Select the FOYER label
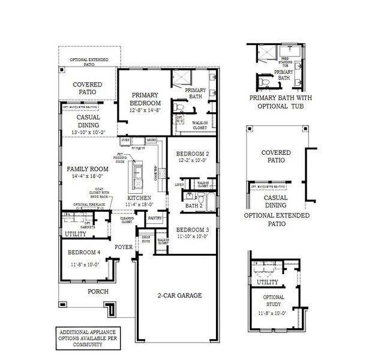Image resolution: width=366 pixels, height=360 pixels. pyautogui.click(x=124, y=247)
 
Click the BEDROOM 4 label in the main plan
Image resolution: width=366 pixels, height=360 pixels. pyautogui.click(x=83, y=252)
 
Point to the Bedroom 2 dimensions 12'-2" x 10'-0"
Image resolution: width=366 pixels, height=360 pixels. pyautogui.click(x=193, y=161)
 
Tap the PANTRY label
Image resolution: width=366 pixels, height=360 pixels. pyautogui.click(x=155, y=219)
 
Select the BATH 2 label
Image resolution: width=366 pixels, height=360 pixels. pyautogui.click(x=193, y=206)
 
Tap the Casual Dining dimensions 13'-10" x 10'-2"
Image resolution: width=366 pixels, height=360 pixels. pyautogui.click(x=88, y=131)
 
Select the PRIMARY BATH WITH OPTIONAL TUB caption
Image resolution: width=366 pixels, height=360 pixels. pyautogui.click(x=277, y=102)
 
